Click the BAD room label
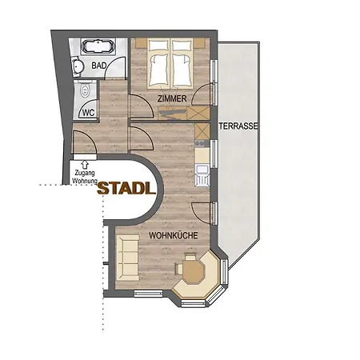[x=99, y=66]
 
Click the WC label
[x=88, y=113]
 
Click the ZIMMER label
[x=172, y=98]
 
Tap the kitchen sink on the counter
[x=202, y=170]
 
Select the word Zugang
[x=84, y=172]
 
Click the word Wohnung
[x=84, y=181]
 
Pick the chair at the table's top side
[x=191, y=258]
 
